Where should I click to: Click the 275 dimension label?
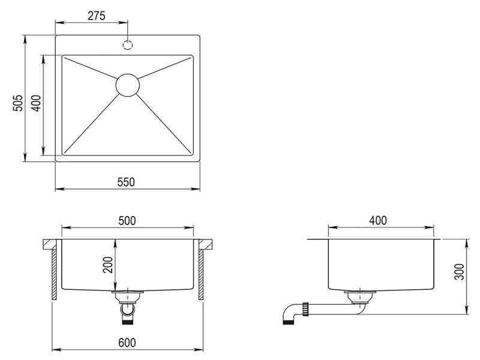tap(97, 16)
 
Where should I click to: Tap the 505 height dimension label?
tap(18, 103)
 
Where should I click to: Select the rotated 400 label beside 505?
tap(36, 103)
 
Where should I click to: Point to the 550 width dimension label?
tap(126, 182)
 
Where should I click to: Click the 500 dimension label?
tap(127, 221)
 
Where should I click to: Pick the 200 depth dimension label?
tap(108, 265)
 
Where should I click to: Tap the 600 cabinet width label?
tap(127, 343)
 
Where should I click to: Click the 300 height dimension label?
tap(459, 272)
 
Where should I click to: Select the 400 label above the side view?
tap(378, 220)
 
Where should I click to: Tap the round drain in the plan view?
tap(128, 85)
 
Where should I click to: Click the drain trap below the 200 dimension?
tap(127, 307)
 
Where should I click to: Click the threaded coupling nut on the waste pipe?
tap(305, 309)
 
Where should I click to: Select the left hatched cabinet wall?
tap(54, 274)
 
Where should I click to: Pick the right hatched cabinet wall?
tap(201, 274)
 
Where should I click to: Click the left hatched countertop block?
tap(50, 244)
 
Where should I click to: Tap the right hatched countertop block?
tap(206, 244)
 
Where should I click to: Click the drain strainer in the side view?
tap(360, 296)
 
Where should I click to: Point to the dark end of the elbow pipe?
tap(288, 322)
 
